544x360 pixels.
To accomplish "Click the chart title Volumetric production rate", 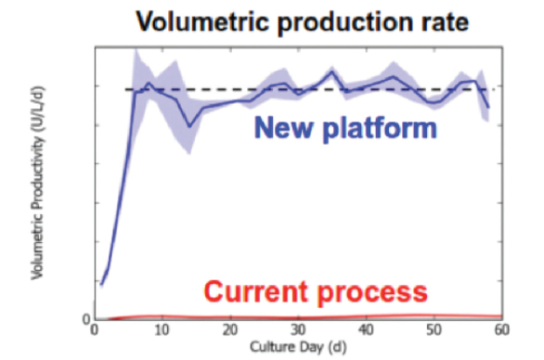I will tap(296, 19).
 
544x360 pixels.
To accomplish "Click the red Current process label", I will tap(316, 291).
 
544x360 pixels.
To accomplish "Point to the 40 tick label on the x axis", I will tap(366, 331).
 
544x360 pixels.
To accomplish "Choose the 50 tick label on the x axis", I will tap(434, 331).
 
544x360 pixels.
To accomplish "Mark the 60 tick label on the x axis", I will tap(501, 331).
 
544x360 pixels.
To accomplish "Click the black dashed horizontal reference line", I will tap(306, 89).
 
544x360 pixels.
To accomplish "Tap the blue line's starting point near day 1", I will tap(101, 283).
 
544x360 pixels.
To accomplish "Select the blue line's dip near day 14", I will tap(188, 125).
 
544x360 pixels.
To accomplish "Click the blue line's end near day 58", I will tap(488, 108).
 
